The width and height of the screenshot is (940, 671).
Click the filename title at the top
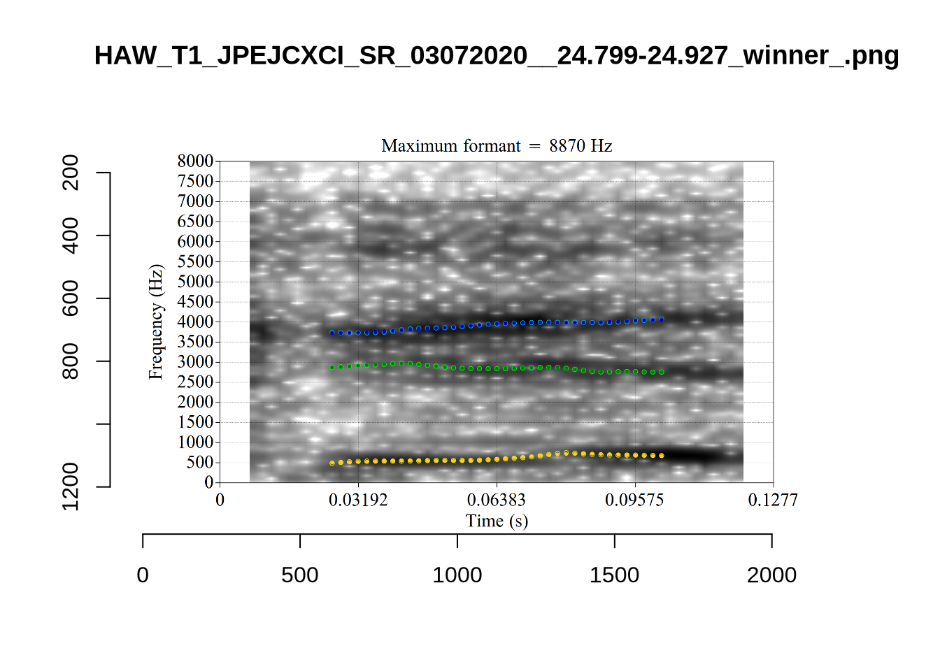pos(496,55)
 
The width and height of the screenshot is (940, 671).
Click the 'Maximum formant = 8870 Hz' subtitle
pos(497,146)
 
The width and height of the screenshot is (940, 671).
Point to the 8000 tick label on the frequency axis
pos(195,161)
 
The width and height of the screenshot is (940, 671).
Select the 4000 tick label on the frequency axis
pos(195,322)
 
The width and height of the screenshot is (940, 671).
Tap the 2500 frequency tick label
pos(195,382)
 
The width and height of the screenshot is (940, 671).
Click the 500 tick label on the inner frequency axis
pos(199,463)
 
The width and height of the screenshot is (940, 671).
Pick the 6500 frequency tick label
pos(195,222)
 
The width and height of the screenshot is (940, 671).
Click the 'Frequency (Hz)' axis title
pos(155,322)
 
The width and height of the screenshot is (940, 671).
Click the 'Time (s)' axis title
pos(497,521)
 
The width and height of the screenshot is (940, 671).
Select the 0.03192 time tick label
pos(358,500)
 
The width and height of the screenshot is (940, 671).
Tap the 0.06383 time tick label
pos(497,500)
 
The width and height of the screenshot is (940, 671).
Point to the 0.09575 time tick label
pos(634,500)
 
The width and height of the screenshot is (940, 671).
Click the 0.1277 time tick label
pos(773,500)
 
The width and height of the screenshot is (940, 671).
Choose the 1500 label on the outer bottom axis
pos(614,575)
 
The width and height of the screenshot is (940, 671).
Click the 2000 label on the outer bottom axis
pos(771,575)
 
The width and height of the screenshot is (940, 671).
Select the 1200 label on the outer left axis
pos(71,486)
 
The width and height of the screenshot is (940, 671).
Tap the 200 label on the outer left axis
pos(71,173)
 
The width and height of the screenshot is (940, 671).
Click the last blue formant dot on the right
pos(662,319)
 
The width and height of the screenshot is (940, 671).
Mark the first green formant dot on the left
pos(332,367)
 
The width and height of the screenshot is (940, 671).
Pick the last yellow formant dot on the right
pos(662,456)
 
